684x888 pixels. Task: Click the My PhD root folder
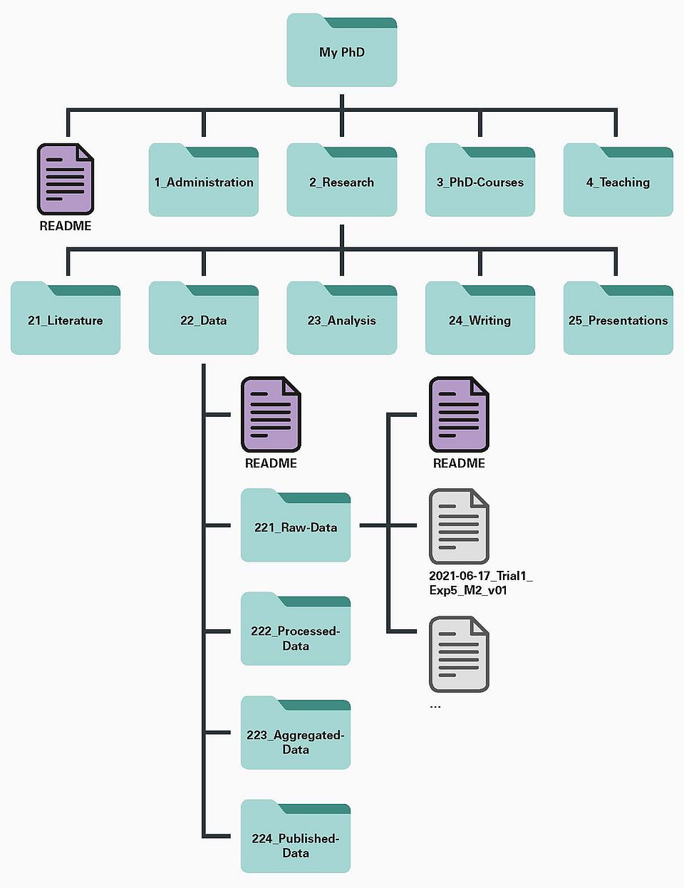pyautogui.click(x=342, y=51)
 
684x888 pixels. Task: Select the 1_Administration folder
pyautogui.click(x=204, y=181)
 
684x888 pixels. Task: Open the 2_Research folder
pyautogui.click(x=342, y=181)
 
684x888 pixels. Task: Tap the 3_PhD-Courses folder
pyautogui.click(x=480, y=181)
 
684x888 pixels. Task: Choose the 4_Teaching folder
pyautogui.click(x=618, y=181)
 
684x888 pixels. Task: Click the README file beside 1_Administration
pyautogui.click(x=66, y=179)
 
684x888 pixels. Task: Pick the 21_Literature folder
pyautogui.click(x=66, y=319)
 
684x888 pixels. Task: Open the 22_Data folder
pyautogui.click(x=204, y=319)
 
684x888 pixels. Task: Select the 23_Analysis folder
pyautogui.click(x=342, y=319)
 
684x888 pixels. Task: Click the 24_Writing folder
pyautogui.click(x=480, y=319)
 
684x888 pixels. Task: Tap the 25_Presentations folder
pyautogui.click(x=618, y=319)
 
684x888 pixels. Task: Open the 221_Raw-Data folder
pyautogui.click(x=296, y=526)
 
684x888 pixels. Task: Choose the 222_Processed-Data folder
pyautogui.click(x=296, y=630)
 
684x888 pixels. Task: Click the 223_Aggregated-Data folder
pyautogui.click(x=296, y=734)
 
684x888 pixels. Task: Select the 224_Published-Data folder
pyautogui.click(x=296, y=837)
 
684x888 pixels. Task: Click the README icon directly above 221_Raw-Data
pyautogui.click(x=271, y=414)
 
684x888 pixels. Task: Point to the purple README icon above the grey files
pyautogui.click(x=459, y=414)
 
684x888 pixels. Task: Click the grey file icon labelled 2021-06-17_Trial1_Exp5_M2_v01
pyautogui.click(x=459, y=526)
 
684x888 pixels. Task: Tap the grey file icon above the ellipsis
pyautogui.click(x=459, y=654)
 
